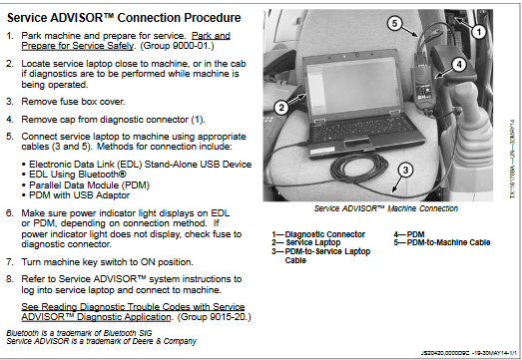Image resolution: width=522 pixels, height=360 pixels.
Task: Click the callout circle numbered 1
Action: [x=479, y=32]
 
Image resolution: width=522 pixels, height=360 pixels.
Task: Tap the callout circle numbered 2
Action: [x=281, y=108]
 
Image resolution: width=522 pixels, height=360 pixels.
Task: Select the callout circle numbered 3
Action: [x=405, y=170]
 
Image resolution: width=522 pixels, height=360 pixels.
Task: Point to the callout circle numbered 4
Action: [x=459, y=64]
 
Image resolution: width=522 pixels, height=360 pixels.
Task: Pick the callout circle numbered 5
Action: [x=394, y=24]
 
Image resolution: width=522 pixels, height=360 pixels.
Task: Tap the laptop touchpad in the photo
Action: [x=357, y=144]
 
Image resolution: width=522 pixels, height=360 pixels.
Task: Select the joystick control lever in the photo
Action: [x=469, y=110]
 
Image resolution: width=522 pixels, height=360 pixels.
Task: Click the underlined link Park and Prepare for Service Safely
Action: [x=126, y=41]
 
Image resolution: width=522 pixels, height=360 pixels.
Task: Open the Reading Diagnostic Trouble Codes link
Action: [x=133, y=312]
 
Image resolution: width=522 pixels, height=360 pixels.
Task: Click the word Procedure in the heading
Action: [x=212, y=18]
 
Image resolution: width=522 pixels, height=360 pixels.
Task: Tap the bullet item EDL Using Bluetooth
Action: [x=78, y=175]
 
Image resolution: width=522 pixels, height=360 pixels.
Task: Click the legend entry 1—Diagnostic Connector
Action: [x=318, y=234]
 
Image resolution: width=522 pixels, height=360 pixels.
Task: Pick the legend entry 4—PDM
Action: [x=409, y=234]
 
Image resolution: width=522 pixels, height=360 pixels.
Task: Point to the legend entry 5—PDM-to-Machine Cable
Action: [x=442, y=242]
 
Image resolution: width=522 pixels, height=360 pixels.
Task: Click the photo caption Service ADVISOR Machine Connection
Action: [x=386, y=208]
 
